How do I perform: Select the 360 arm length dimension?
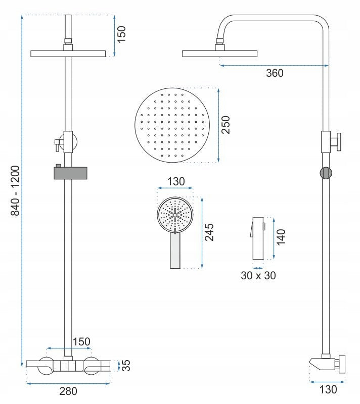[275, 73]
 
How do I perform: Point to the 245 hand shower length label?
[209, 232]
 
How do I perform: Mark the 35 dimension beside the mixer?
[127, 365]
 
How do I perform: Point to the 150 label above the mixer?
[81, 342]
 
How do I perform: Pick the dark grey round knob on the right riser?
[326, 172]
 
